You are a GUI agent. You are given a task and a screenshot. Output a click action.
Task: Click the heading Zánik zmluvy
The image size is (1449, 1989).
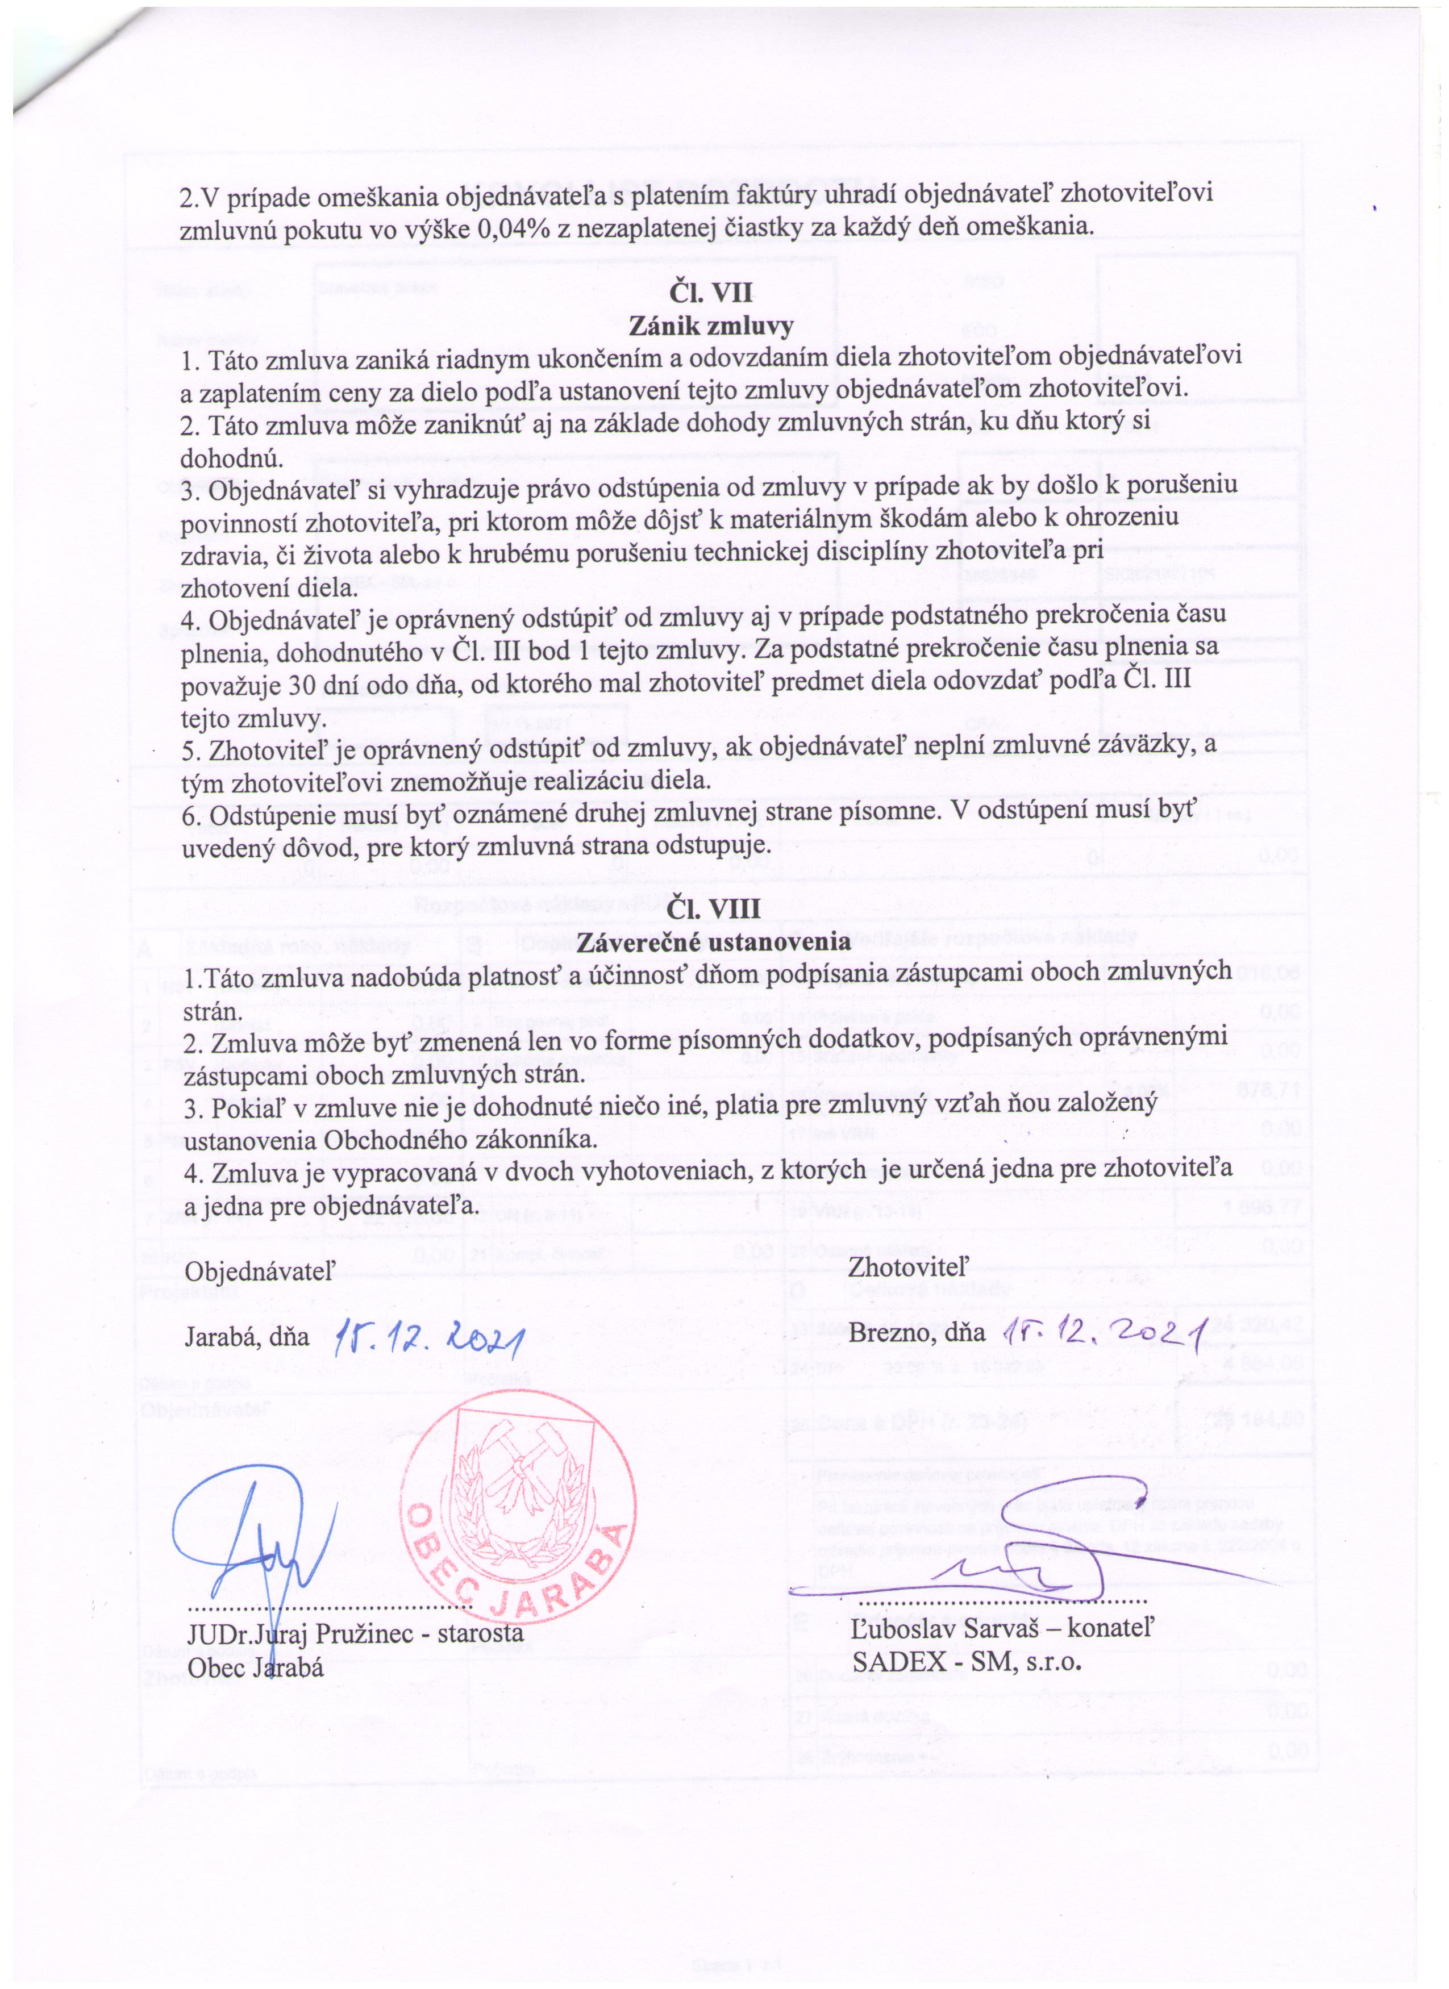click(x=711, y=326)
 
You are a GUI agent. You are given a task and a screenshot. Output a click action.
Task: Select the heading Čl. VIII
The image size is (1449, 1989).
click(x=713, y=908)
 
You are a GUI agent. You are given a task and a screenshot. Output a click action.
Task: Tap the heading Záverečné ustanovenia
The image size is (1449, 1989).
click(x=713, y=942)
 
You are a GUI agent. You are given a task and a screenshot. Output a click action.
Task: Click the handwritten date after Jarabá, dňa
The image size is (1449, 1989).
click(x=430, y=1337)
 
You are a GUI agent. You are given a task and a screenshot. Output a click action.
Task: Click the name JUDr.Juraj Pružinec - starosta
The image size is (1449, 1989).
click(x=355, y=1633)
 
